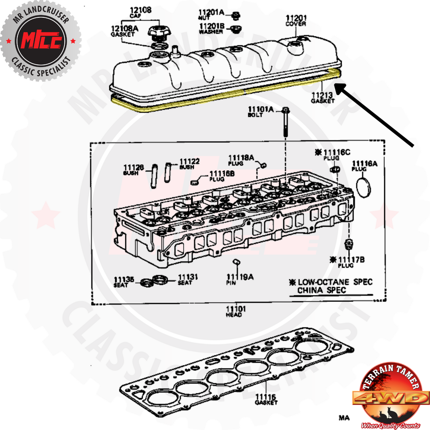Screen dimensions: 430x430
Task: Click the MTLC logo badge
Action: [x=41, y=41]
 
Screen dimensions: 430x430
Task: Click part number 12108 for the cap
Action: [x=140, y=11]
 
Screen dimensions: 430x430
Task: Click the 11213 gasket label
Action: [x=322, y=97]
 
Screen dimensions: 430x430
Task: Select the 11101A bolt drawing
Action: [x=285, y=122]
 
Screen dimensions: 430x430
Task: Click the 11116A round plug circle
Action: [x=363, y=188]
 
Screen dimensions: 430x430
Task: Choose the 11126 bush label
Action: [x=133, y=169]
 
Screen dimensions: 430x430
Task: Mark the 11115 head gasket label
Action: [x=266, y=399]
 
